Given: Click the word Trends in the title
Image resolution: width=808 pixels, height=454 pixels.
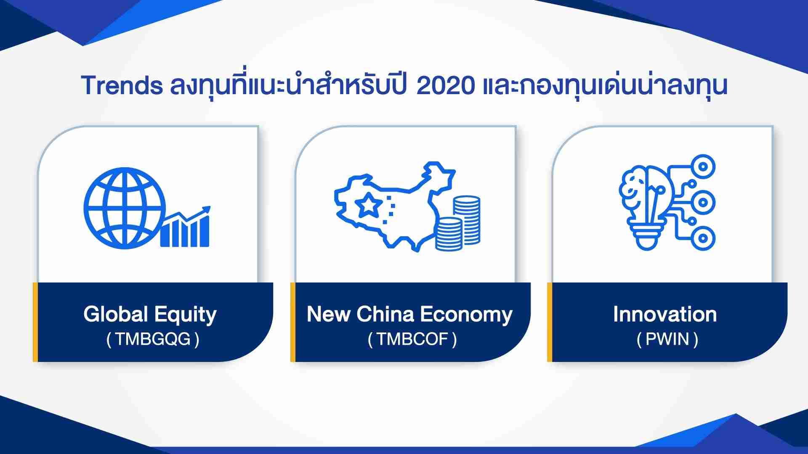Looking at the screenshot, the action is pyautogui.click(x=122, y=85).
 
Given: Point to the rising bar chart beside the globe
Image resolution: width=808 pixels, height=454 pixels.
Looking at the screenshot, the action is pyautogui.click(x=185, y=227).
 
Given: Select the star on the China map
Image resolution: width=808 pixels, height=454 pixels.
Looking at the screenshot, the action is pyautogui.click(x=368, y=205).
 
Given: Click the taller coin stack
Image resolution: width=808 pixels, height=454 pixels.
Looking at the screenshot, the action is pyautogui.click(x=467, y=219).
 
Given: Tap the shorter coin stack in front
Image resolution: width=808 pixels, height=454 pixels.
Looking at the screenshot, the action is pyautogui.click(x=448, y=235).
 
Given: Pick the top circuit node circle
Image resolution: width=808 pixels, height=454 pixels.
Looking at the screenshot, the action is pyautogui.click(x=702, y=167).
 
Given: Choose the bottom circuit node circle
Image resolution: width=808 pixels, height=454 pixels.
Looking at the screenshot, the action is pyautogui.click(x=702, y=238).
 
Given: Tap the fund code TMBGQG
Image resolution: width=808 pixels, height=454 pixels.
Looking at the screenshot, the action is pyautogui.click(x=153, y=339).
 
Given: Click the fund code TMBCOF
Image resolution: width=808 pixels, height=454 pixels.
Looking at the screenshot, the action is pyautogui.click(x=412, y=339).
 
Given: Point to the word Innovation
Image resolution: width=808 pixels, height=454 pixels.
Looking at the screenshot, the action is pyautogui.click(x=665, y=314).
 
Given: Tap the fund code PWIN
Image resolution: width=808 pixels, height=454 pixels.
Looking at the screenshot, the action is pyautogui.click(x=667, y=339).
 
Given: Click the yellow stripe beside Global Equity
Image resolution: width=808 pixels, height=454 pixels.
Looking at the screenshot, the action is pyautogui.click(x=35, y=322).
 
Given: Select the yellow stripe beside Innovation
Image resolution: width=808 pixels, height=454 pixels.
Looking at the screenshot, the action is pyautogui.click(x=550, y=322).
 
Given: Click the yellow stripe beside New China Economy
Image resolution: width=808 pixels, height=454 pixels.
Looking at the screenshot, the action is pyautogui.click(x=293, y=322).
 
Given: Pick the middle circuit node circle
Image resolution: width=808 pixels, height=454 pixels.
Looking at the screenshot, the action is pyautogui.click(x=702, y=203).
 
